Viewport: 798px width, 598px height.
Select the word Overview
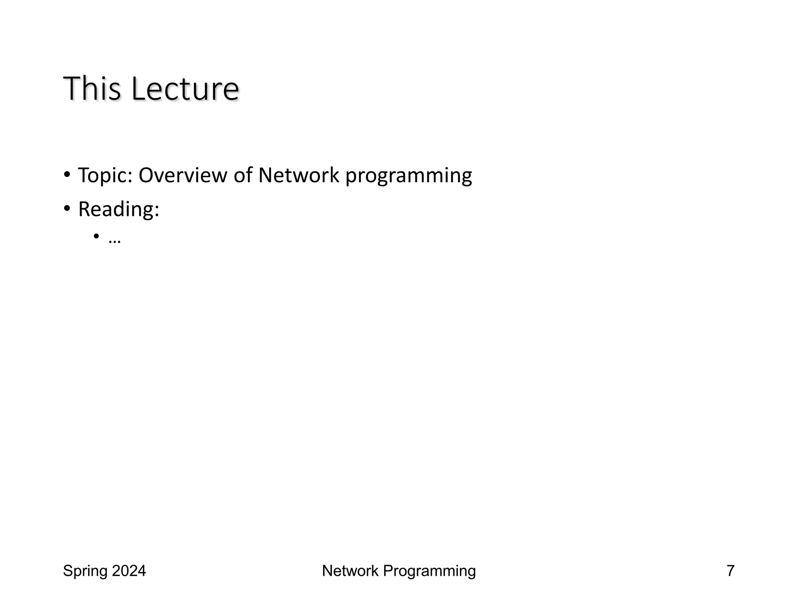tap(183, 175)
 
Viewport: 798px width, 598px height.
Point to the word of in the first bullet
tap(243, 175)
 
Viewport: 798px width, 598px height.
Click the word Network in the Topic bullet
tap(298, 175)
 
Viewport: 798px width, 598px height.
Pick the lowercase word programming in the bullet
tap(408, 176)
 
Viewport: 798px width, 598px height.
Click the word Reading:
tap(118, 209)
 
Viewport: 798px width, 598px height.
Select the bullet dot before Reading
tap(67, 208)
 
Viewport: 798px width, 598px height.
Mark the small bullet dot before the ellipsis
tap(96, 236)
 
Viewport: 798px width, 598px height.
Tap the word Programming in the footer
tap(429, 571)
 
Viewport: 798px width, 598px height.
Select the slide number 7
tap(730, 571)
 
